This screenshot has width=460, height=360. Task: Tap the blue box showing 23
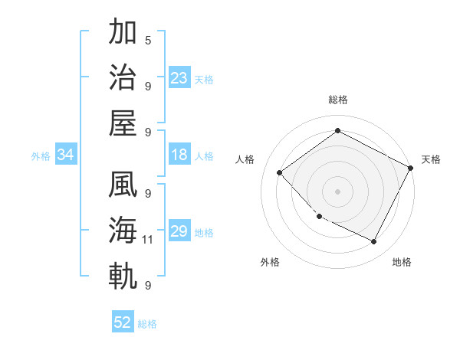click(x=179, y=77)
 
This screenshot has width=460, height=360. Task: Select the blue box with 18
click(x=179, y=155)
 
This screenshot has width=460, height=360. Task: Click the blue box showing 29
click(x=179, y=232)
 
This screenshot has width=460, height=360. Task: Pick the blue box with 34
click(x=66, y=155)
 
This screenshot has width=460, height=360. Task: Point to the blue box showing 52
click(x=123, y=322)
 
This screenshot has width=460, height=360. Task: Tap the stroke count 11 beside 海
click(x=148, y=240)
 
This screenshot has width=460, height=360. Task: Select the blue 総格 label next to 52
click(x=147, y=324)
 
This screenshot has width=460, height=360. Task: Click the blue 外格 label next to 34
click(x=41, y=156)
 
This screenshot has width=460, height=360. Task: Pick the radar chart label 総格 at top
click(x=337, y=100)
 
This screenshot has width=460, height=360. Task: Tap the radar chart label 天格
click(x=431, y=159)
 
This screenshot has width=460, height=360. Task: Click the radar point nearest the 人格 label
click(x=280, y=172)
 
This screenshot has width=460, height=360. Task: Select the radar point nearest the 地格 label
click(x=374, y=241)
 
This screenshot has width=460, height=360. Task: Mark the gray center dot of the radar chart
click(x=337, y=191)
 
